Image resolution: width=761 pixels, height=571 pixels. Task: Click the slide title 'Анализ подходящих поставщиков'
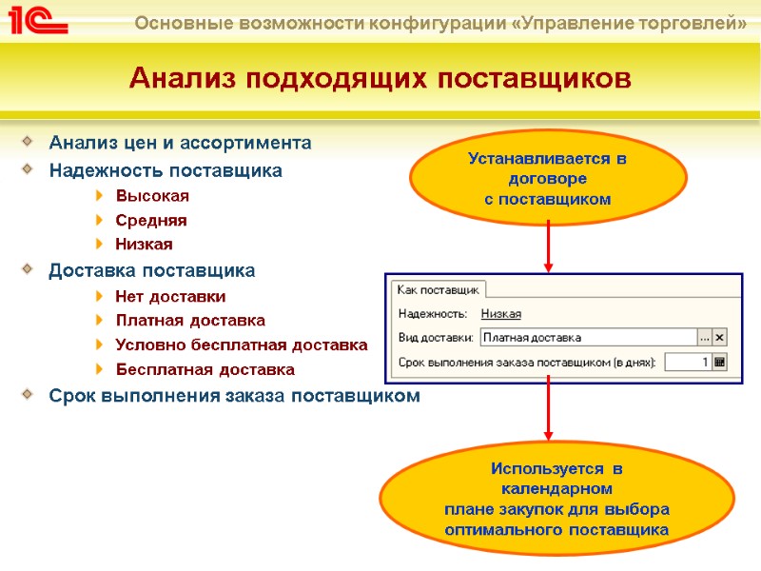(x=380, y=77)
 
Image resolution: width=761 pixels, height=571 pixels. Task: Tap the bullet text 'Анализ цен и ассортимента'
(x=180, y=143)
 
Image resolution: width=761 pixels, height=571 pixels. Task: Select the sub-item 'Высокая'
(x=152, y=196)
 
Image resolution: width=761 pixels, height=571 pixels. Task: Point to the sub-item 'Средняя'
(x=151, y=220)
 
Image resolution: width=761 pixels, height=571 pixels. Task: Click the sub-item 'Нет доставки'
(x=170, y=297)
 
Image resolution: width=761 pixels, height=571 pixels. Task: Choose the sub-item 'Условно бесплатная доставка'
(x=241, y=345)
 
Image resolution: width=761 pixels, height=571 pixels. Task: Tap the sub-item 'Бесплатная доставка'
(x=205, y=369)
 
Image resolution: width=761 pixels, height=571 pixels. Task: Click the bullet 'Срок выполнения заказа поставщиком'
(x=233, y=396)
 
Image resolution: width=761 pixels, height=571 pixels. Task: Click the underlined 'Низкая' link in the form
(x=501, y=313)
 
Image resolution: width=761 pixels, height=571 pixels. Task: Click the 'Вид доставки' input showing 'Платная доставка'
(x=587, y=337)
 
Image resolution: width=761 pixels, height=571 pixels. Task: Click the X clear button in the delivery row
(x=720, y=337)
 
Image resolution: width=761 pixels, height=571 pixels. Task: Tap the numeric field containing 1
(x=687, y=362)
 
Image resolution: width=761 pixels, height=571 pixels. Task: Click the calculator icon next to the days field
(x=720, y=362)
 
